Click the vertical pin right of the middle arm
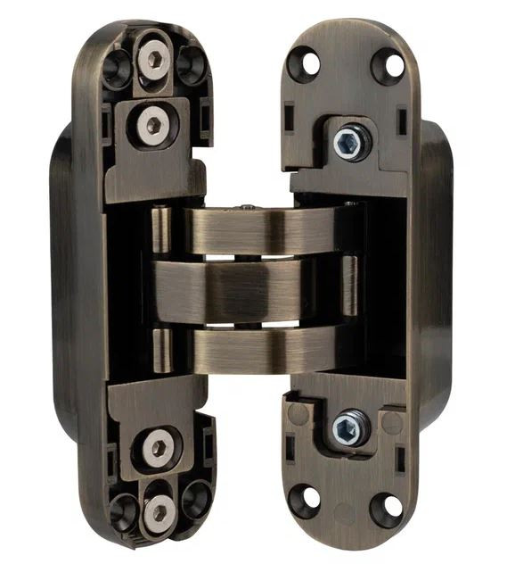(350, 286)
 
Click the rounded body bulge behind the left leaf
(61, 277)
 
